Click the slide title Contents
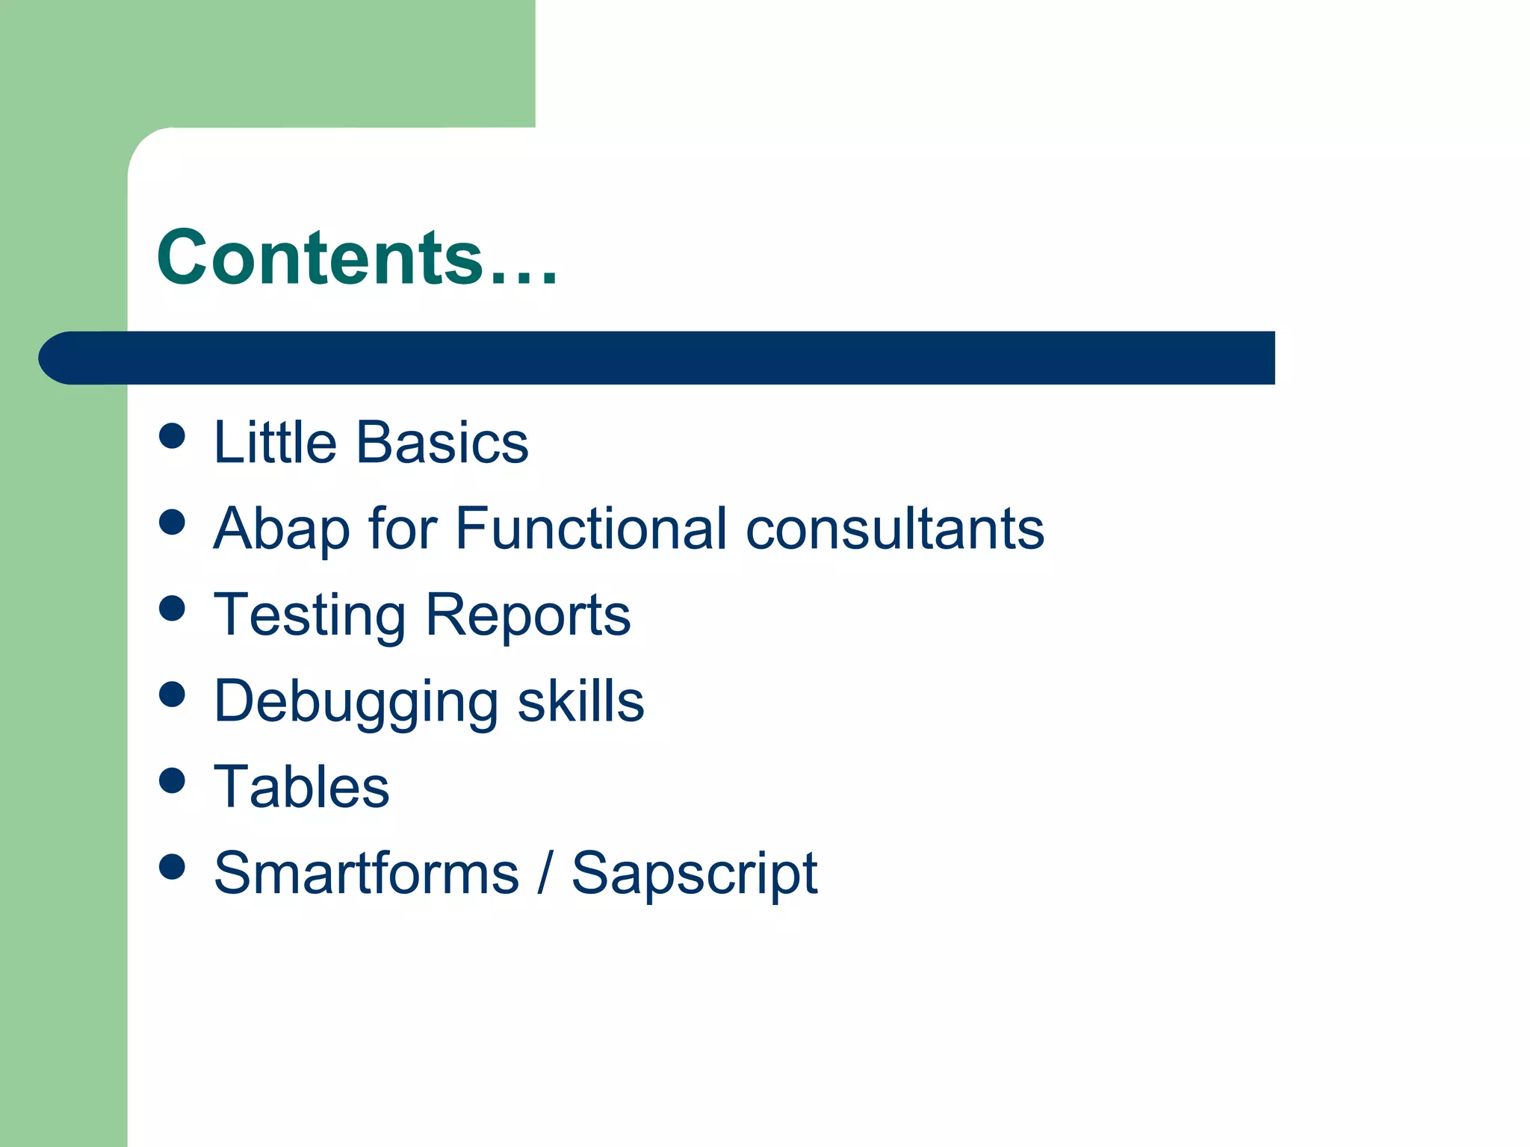(x=356, y=258)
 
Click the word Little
(x=275, y=442)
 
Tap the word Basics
(x=442, y=442)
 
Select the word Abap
(x=282, y=529)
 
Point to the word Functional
(x=590, y=529)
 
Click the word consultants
(x=895, y=529)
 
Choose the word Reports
(x=527, y=615)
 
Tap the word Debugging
(x=356, y=702)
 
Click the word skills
(x=580, y=702)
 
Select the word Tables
(x=301, y=787)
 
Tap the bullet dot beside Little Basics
(x=173, y=436)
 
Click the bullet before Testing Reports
(x=173, y=608)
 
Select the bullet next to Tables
(x=173, y=780)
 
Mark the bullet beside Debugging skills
(x=173, y=694)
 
